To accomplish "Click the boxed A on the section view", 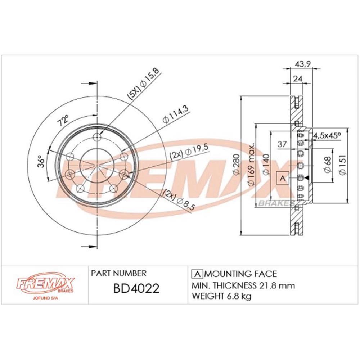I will [283, 178].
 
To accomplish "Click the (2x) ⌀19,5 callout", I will [189, 151].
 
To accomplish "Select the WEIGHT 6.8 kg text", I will [222, 297].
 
